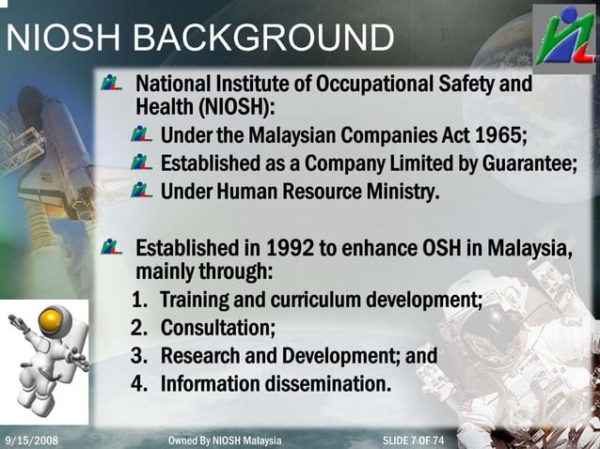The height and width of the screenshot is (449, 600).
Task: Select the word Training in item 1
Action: pyautogui.click(x=197, y=301)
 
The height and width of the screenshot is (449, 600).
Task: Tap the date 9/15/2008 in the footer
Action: pyautogui.click(x=31, y=440)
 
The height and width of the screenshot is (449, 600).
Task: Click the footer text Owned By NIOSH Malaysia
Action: pyautogui.click(x=224, y=440)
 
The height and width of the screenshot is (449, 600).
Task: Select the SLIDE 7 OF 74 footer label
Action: pyautogui.click(x=414, y=440)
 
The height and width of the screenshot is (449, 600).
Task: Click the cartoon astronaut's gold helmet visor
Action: pyautogui.click(x=51, y=324)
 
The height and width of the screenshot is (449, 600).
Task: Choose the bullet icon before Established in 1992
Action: pyautogui.click(x=113, y=249)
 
